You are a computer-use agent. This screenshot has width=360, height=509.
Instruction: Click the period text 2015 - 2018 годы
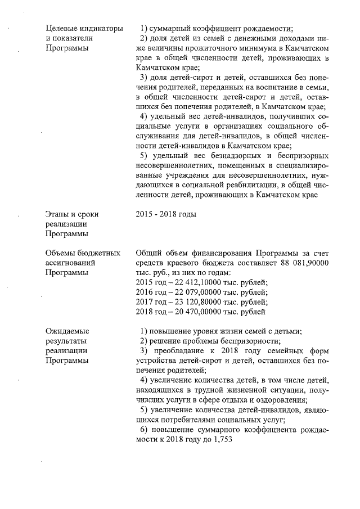166,214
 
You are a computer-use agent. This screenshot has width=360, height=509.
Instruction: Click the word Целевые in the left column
60,28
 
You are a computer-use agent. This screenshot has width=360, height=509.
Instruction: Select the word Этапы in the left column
56,214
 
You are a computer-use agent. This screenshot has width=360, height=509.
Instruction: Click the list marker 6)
144,430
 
